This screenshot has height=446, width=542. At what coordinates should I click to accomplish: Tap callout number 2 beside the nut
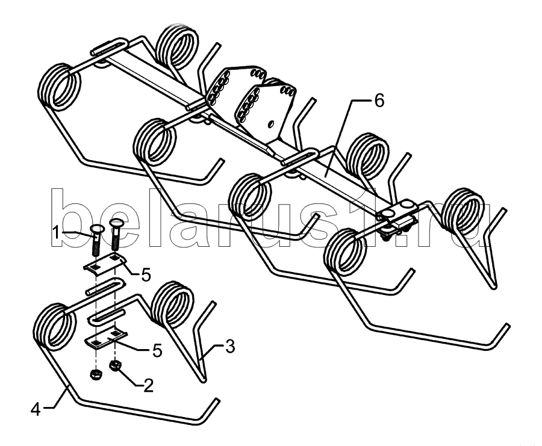[x=148, y=385]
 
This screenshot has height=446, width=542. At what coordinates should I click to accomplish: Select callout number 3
[x=229, y=346]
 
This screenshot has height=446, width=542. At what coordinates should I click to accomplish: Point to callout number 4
[x=36, y=410]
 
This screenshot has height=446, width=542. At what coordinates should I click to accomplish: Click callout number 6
[x=379, y=101]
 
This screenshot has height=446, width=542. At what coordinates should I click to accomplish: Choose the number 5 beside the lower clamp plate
[x=157, y=350]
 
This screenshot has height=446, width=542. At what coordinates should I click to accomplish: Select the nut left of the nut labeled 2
[x=95, y=374]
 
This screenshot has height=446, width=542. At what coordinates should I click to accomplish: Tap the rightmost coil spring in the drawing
[x=462, y=211]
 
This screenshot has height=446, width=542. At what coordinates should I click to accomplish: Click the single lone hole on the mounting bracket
[x=271, y=123]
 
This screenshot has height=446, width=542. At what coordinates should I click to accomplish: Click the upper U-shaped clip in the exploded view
[x=106, y=285]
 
